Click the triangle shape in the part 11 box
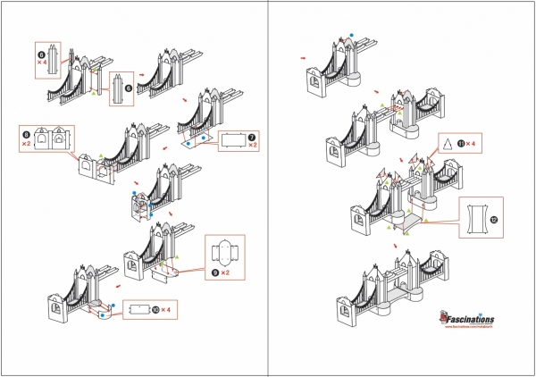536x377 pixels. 446,143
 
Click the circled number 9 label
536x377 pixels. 214,272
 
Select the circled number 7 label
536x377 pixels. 253,137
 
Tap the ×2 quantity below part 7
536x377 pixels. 253,146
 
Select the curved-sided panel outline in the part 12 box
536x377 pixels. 477,217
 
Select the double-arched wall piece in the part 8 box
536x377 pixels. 51,139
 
